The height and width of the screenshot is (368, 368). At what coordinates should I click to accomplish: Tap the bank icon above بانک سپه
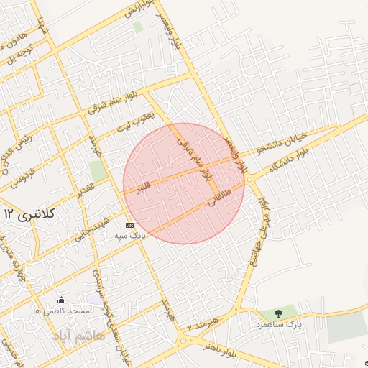pyautogui.click(x=129, y=225)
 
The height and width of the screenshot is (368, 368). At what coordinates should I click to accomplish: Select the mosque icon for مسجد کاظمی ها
pyautogui.click(x=63, y=300)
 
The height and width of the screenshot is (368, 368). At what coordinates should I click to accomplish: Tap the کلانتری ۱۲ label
pyautogui.click(x=29, y=213)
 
